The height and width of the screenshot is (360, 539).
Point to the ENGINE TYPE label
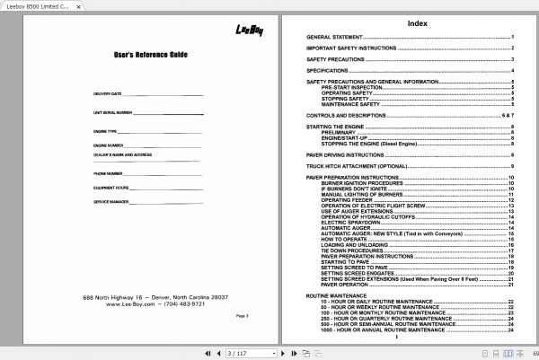point(104,131)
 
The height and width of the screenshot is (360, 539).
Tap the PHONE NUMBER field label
point(107,172)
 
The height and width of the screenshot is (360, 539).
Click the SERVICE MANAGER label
point(110,203)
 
